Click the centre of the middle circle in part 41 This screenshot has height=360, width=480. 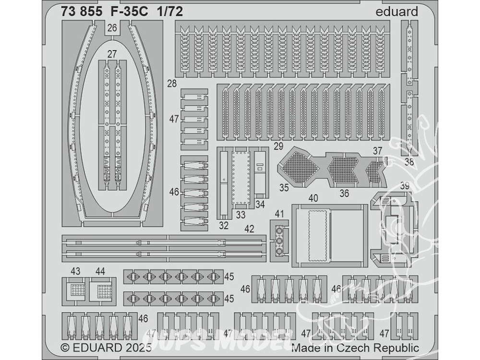pyautogui.click(x=279, y=241)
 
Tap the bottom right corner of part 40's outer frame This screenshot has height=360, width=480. pyautogui.click(x=368, y=267)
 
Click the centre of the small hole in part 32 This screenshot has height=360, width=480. pyautogui.click(x=224, y=180)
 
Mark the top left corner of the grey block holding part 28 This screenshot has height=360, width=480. pyautogui.click(x=175, y=21)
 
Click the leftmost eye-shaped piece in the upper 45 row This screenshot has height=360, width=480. pyautogui.click(x=132, y=277)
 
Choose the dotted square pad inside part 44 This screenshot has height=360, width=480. pyautogui.click(x=104, y=289)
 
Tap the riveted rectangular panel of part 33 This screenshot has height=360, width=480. pyautogui.click(x=241, y=178)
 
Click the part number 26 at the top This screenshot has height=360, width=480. pyautogui.click(x=112, y=28)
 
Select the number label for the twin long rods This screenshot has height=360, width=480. pyautogui.click(x=250, y=228)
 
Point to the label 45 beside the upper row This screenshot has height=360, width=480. pyautogui.click(x=229, y=276)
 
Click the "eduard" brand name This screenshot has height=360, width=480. pyautogui.click(x=396, y=12)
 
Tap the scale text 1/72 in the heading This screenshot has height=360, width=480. pyautogui.click(x=170, y=12)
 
